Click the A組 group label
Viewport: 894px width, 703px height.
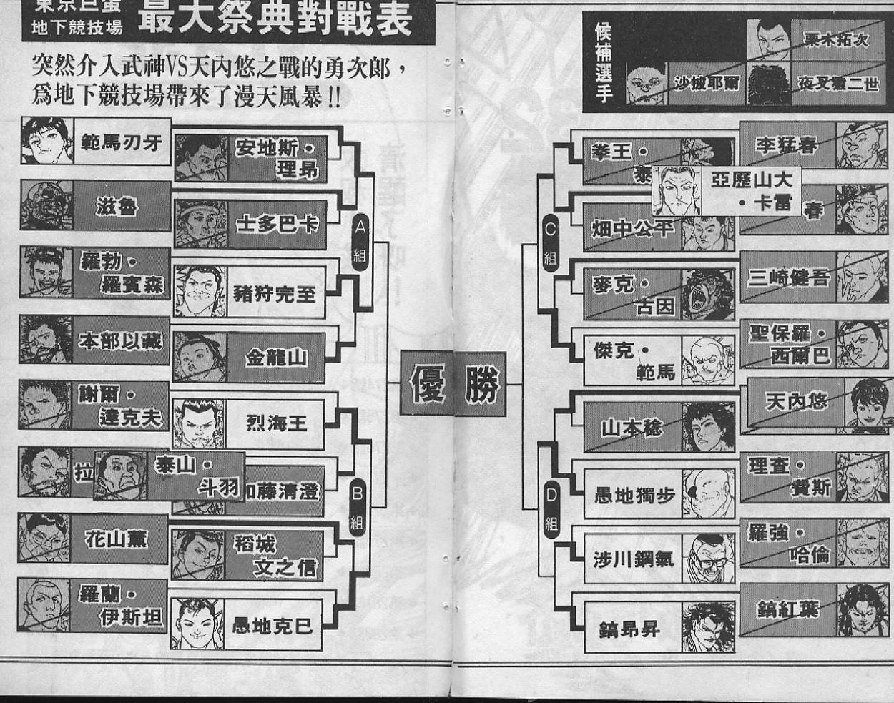click(360, 244)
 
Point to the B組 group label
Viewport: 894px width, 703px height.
click(358, 507)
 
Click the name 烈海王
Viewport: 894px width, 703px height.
click(276, 423)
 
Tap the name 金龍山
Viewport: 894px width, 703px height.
click(275, 357)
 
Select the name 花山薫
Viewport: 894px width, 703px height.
click(117, 538)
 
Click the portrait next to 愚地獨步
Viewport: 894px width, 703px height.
click(708, 493)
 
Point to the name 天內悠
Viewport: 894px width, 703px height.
click(796, 401)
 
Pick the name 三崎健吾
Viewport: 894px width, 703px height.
click(788, 277)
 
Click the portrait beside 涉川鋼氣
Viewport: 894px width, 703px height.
click(708, 559)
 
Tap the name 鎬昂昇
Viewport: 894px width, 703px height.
click(629, 629)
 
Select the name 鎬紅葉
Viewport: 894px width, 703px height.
click(787, 609)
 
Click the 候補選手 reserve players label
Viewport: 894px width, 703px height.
click(603, 62)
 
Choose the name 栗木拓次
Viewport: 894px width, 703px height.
click(835, 40)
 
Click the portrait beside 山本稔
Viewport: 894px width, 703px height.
click(708, 427)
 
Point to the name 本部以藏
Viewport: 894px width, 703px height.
click(120, 341)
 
